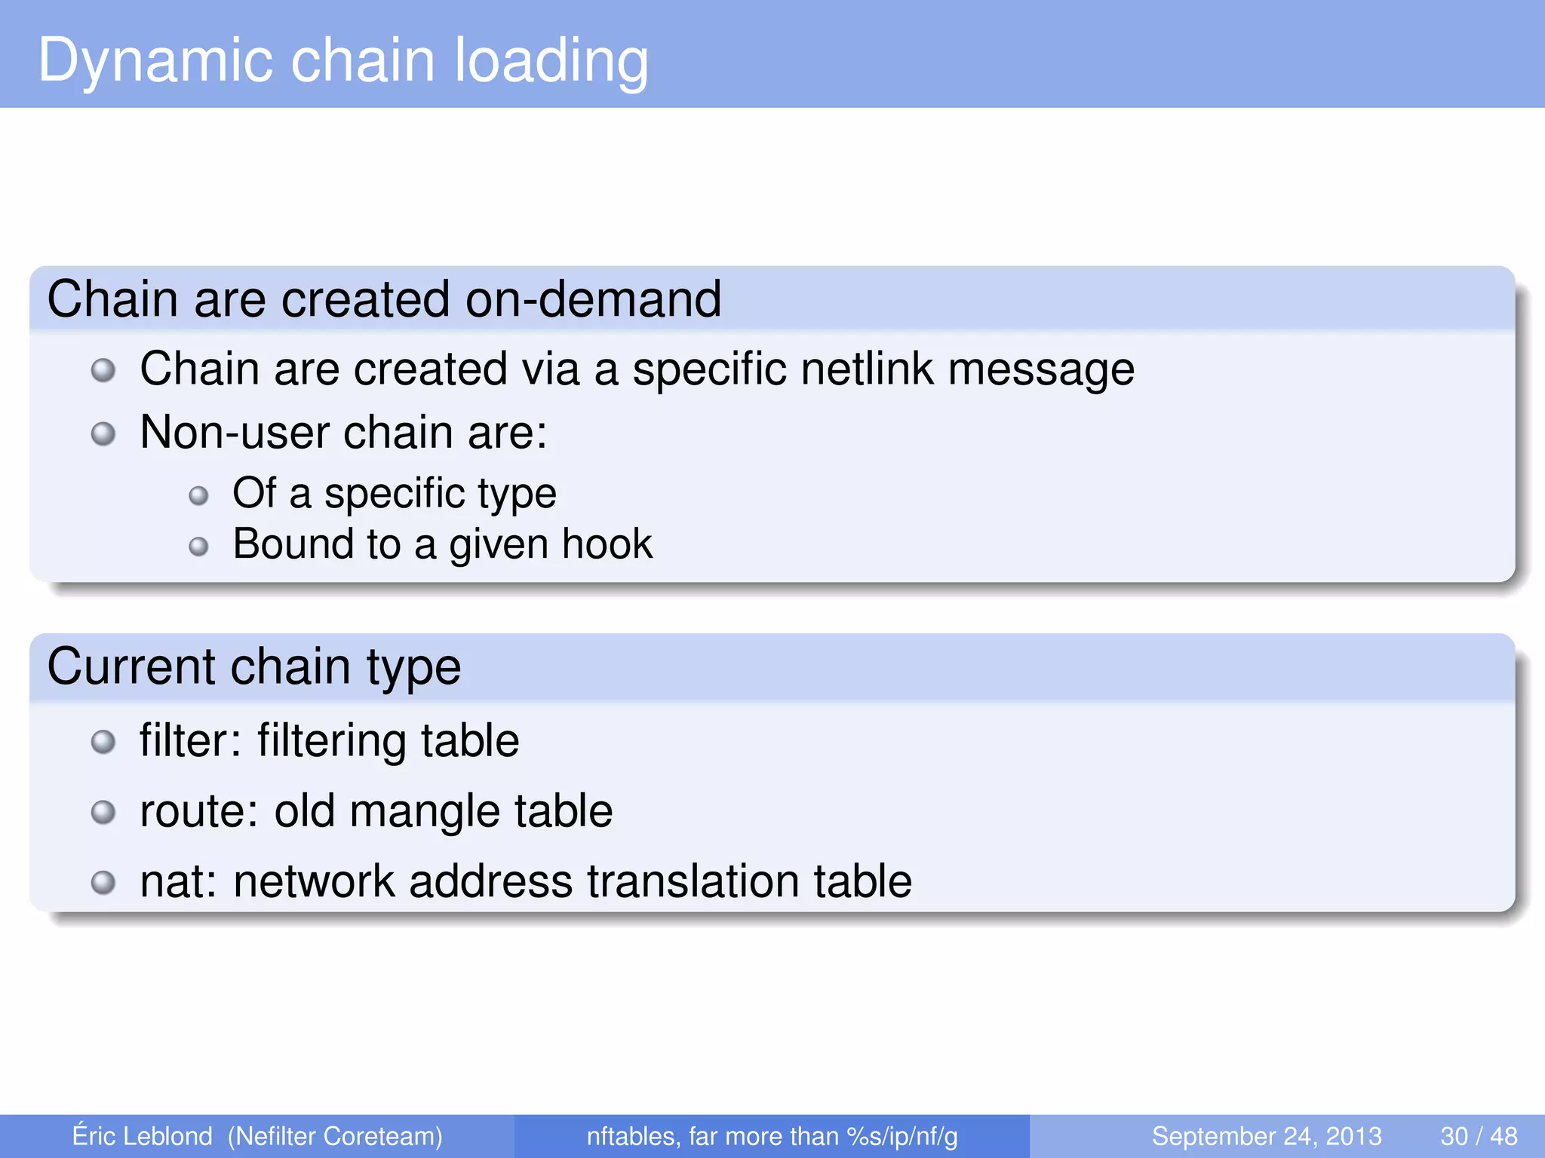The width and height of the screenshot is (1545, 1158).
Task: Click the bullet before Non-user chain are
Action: (x=103, y=433)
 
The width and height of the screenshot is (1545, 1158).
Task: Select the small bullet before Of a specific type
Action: (x=198, y=495)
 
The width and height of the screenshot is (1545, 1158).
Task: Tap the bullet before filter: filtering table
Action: (x=103, y=742)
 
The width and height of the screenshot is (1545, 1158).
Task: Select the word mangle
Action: (x=424, y=813)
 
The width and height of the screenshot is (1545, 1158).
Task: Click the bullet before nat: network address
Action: (x=103, y=882)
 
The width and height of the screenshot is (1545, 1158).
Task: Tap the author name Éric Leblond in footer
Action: (x=142, y=1136)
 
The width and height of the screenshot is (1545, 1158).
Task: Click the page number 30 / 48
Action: (x=1479, y=1136)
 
